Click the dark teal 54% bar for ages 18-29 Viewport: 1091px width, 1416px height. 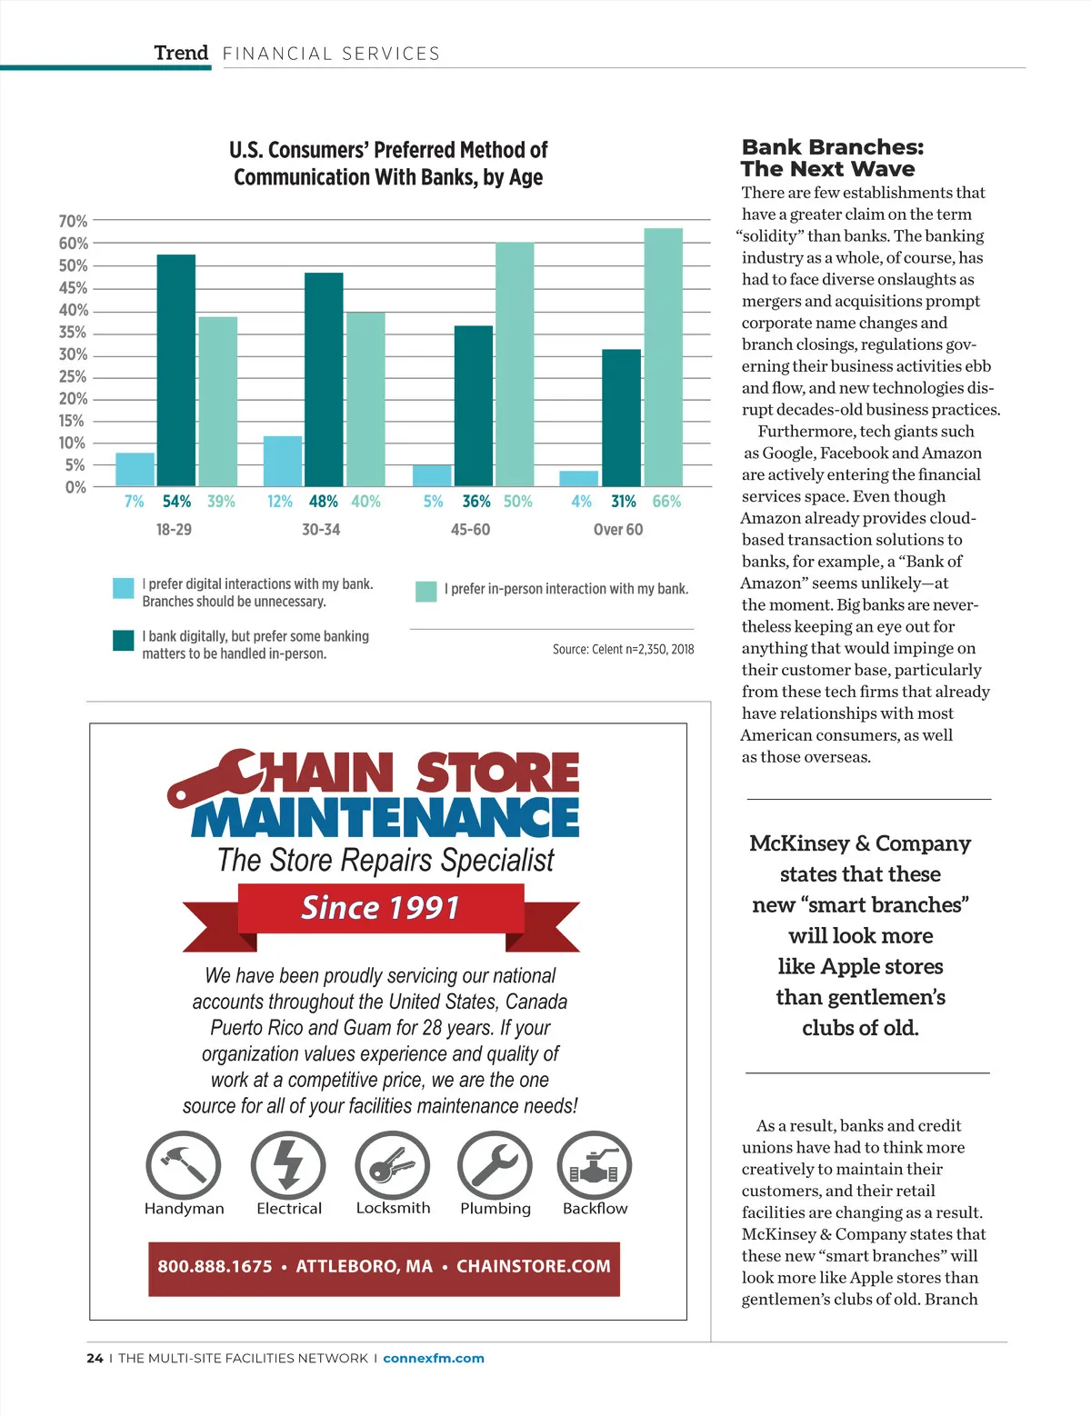pos(176,370)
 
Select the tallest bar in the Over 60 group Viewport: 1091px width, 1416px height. pos(663,357)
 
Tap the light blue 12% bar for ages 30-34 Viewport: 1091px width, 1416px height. pos(283,462)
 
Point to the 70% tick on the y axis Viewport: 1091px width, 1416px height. pos(73,221)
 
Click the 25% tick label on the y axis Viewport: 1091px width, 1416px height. pos(73,376)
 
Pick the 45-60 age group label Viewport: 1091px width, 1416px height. pos(470,529)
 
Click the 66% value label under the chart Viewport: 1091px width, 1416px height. pos(666,501)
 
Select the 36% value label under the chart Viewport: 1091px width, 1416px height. pos(476,501)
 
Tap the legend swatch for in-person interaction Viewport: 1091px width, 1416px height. pos(425,591)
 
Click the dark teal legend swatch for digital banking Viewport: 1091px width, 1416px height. pos(124,640)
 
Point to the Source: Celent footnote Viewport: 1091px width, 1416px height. pos(623,649)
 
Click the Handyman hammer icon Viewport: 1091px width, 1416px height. pos(184,1164)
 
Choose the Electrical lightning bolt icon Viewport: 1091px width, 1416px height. pos(288,1164)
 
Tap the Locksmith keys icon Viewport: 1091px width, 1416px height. pos(393,1164)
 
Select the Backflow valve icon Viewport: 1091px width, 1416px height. pos(595,1164)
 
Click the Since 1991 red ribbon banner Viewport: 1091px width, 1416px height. pos(381,908)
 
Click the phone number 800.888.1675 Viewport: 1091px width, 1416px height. pos(215,1266)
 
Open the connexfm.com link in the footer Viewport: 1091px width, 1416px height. pos(434,1358)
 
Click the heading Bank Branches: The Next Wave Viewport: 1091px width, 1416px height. pos(832,158)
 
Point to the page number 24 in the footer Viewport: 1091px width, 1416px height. pos(95,1358)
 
